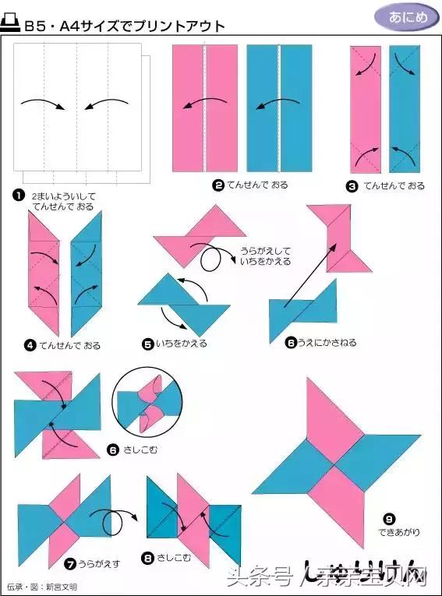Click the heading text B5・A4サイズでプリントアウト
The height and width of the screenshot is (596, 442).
(x=125, y=26)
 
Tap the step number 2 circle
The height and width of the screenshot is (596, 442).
(x=218, y=185)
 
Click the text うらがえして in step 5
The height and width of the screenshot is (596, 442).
(x=264, y=251)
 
